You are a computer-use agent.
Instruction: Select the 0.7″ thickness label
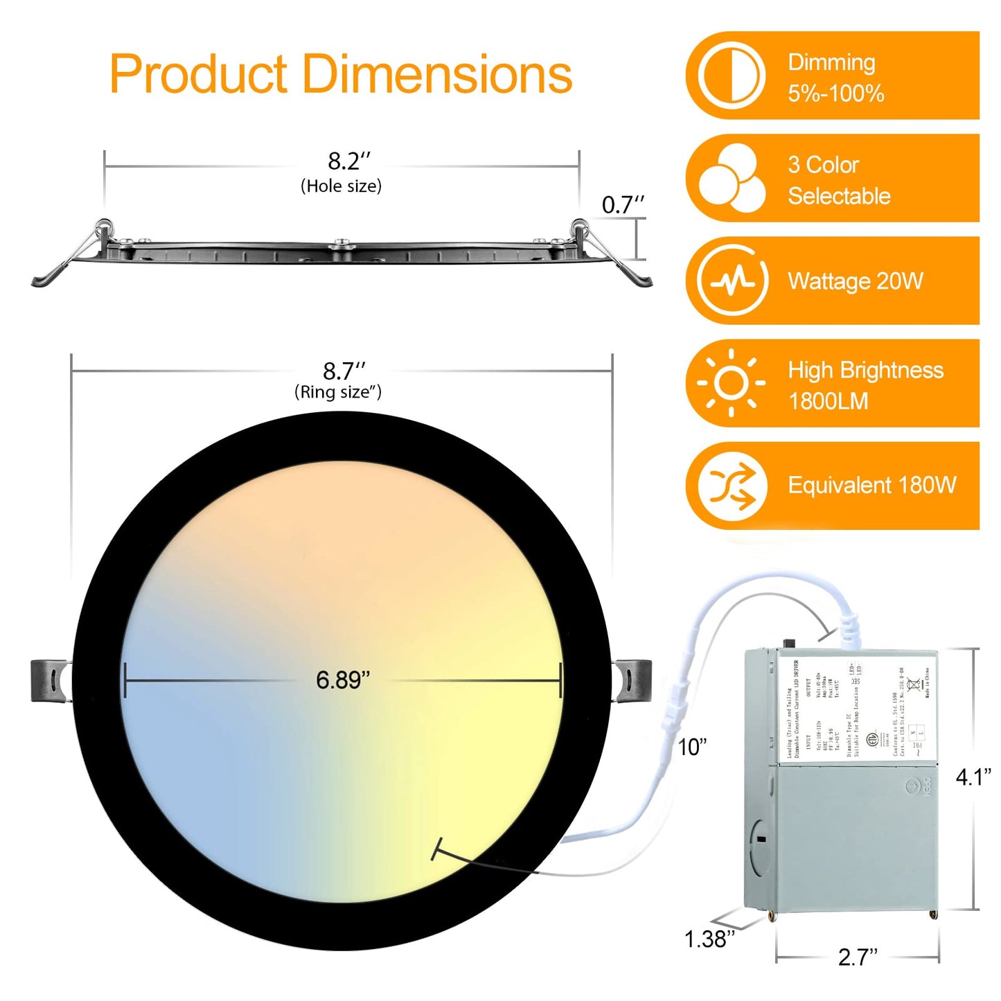[x=622, y=205]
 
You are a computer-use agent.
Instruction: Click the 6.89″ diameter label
[x=343, y=680]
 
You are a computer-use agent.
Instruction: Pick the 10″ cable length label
[x=692, y=747]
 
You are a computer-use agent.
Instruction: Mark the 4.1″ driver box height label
[x=973, y=777]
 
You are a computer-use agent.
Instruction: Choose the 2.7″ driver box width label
[x=857, y=957]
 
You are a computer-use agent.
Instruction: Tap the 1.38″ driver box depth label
[x=709, y=939]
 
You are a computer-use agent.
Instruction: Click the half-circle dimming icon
[x=732, y=76]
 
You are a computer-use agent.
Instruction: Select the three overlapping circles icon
[x=732, y=178]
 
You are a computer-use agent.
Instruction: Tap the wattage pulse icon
[x=732, y=281]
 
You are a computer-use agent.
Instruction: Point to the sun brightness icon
[x=732, y=383]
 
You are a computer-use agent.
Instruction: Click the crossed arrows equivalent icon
[x=732, y=486]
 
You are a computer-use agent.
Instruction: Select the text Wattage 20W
[x=856, y=281]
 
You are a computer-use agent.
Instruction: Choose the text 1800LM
[x=828, y=401]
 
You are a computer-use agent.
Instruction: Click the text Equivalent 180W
[x=872, y=486]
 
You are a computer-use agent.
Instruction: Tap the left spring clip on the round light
[x=51, y=681]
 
